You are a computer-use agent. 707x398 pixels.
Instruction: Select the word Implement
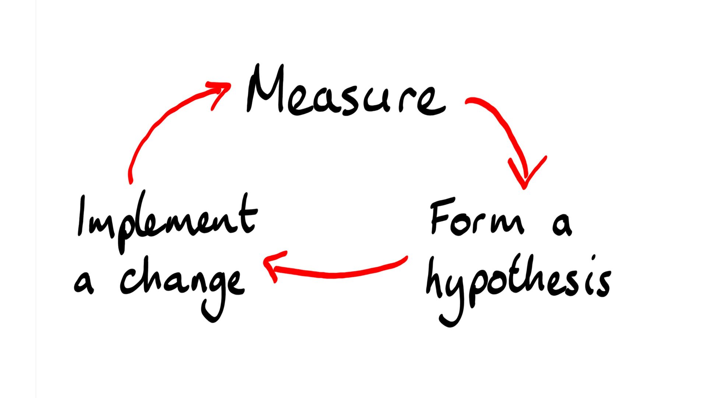coord(166,221)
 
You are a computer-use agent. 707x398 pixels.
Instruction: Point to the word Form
coord(477,219)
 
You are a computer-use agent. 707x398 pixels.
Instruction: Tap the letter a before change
coord(84,284)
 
